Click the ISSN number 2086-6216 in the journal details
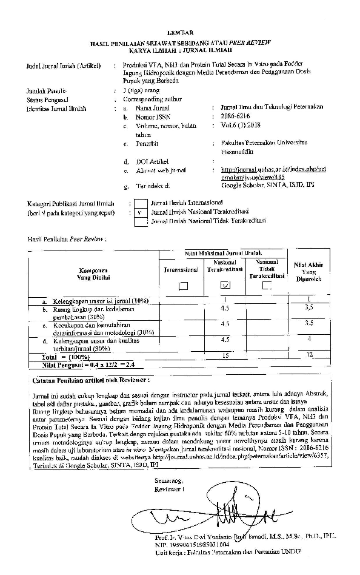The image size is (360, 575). pyautogui.click(x=235, y=116)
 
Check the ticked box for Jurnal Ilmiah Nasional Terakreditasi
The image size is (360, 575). pyautogui.click(x=140, y=213)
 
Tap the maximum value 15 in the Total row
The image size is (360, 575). pyautogui.click(x=225, y=354)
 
